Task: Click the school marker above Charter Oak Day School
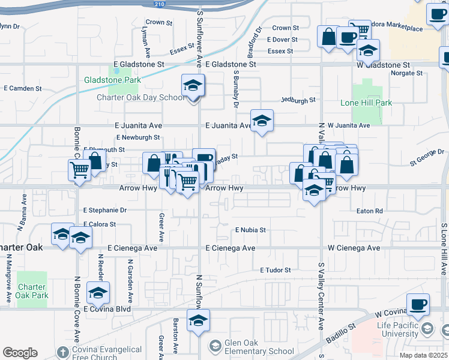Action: [x=193, y=86]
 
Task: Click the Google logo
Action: [x=19, y=353]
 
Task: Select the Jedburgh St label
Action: [x=298, y=101]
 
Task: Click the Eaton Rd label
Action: [x=369, y=211]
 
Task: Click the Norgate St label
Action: [x=406, y=73]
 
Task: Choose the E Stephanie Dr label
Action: [x=105, y=211]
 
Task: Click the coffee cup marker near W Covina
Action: [x=418, y=304]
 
